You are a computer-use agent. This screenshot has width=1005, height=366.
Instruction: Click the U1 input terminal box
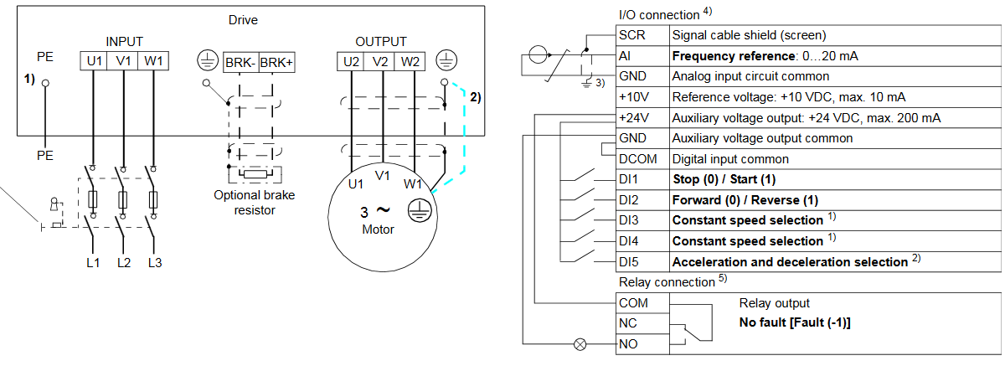pos(92,61)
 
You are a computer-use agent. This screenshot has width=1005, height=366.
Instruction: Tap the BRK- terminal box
pos(240,62)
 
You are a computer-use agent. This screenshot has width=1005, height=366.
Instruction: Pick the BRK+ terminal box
pos(277,62)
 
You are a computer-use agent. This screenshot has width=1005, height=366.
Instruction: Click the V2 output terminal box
pos(381,61)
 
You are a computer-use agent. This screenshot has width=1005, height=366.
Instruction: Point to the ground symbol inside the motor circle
pos(416,212)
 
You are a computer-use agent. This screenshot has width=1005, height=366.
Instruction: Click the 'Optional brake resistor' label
pos(255,202)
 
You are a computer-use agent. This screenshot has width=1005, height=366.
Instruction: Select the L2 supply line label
pos(124,263)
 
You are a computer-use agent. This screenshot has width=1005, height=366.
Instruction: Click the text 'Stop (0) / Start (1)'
pos(724,179)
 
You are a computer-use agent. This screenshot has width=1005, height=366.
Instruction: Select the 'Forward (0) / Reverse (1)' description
pos(745,200)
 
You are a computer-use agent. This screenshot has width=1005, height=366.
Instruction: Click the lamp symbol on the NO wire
pos(579,343)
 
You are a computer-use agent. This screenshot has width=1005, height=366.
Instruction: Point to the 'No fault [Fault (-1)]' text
pos(800,322)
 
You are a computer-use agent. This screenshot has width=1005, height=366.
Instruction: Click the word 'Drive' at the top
pos(243,19)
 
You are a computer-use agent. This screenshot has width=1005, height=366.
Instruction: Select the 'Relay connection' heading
pos(666,282)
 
